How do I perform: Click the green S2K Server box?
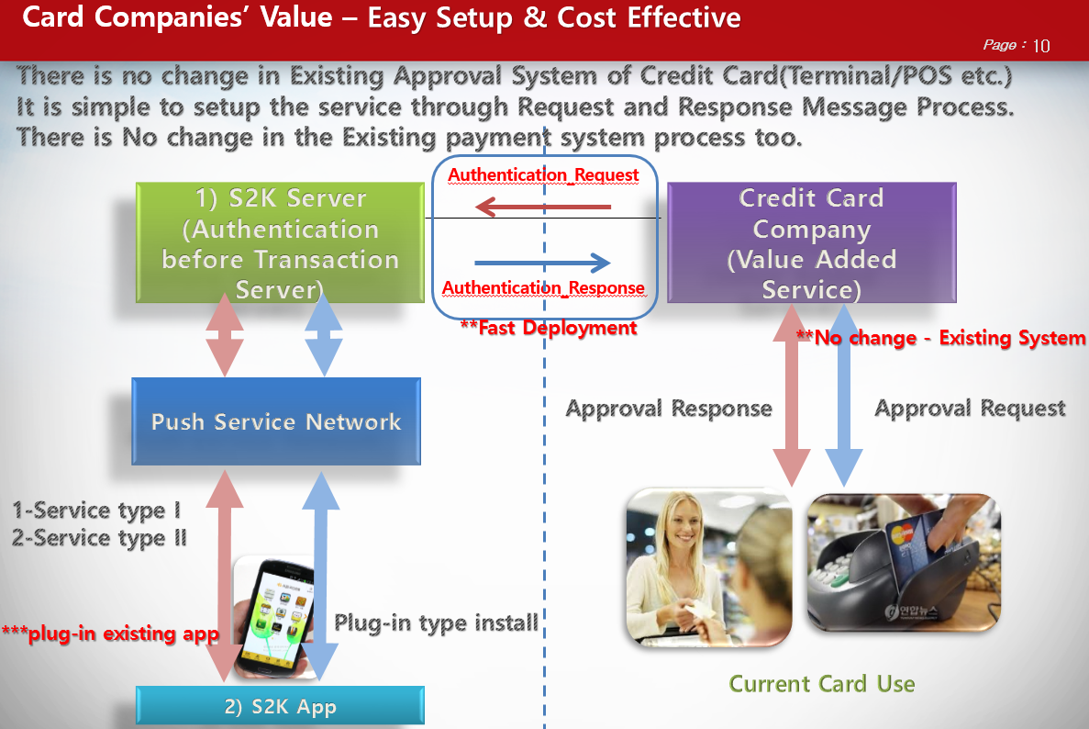(280, 243)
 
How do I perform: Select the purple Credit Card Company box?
(811, 243)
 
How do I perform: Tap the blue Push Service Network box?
(276, 421)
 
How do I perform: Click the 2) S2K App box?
(280, 706)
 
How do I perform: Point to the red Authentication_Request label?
(543, 174)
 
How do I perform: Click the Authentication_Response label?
(543, 287)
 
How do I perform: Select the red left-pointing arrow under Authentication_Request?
(543, 207)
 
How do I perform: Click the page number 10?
(1040, 46)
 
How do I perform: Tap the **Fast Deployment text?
(549, 328)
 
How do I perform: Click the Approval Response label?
(668, 409)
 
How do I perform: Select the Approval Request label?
(970, 409)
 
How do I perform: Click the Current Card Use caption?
(821, 684)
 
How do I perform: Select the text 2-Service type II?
(99, 538)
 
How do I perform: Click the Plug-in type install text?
(436, 623)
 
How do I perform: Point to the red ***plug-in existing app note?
(109, 634)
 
